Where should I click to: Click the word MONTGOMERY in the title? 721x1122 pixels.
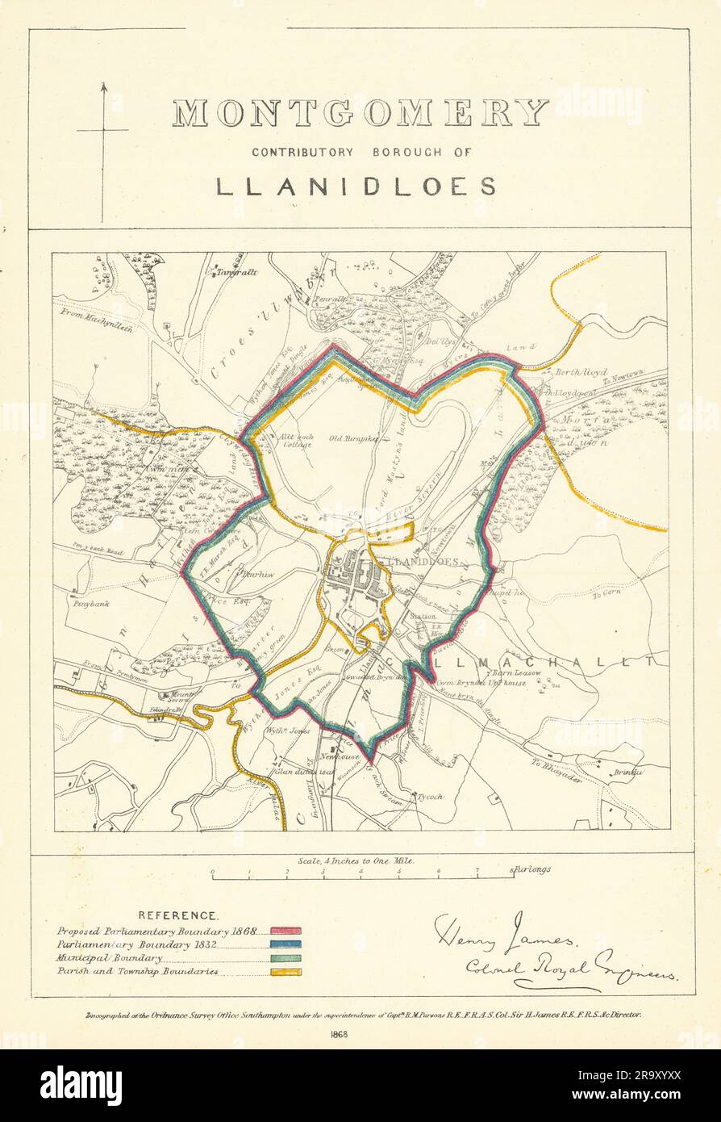click(x=360, y=114)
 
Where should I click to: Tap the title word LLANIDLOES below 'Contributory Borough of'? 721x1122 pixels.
click(x=356, y=186)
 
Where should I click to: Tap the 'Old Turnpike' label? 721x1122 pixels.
click(x=348, y=439)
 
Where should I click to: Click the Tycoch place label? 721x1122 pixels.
click(x=429, y=797)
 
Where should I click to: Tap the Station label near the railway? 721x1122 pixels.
click(x=423, y=617)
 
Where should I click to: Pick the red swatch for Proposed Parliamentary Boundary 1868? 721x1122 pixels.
click(x=285, y=932)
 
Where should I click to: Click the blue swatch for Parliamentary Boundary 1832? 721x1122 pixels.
click(x=285, y=944)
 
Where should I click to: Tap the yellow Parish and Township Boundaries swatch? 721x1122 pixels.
click(x=285, y=972)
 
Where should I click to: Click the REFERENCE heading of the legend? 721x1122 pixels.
click(x=177, y=915)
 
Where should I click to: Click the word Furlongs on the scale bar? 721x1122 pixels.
click(x=531, y=869)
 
